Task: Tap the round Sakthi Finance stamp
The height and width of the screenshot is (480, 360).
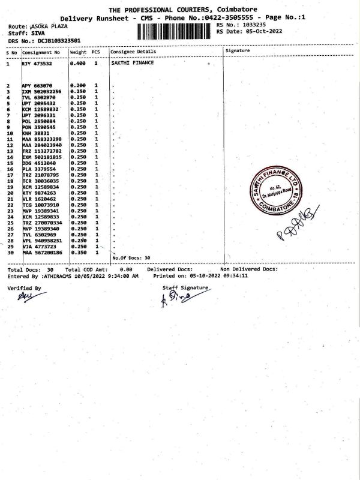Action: pos(274,193)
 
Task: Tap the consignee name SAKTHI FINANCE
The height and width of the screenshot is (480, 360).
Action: pos(133,62)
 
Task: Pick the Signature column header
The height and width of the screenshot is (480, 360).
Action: pos(237,52)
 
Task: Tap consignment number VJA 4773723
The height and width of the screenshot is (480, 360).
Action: pos(41,246)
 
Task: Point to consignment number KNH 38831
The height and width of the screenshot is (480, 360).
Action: pos(37,133)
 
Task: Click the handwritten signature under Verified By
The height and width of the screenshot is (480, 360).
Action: pos(23,296)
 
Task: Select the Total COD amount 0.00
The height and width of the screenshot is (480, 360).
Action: pos(126,270)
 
